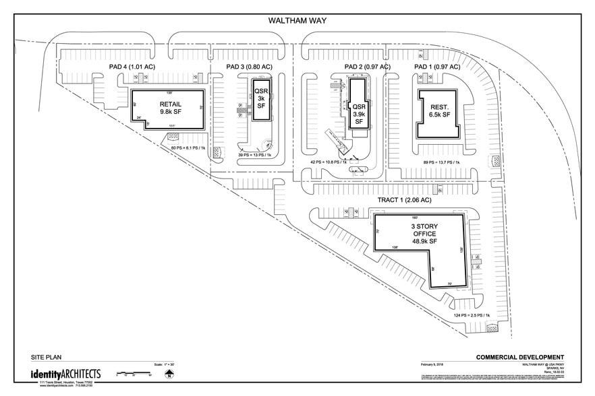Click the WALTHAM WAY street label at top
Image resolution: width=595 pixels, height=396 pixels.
point(297,20)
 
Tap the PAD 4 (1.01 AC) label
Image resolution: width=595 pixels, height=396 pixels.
point(133,67)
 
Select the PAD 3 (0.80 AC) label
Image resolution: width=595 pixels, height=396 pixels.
point(249,67)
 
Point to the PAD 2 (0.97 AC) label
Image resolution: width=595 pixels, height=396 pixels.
point(367,67)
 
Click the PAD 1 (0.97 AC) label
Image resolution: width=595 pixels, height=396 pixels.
point(437,67)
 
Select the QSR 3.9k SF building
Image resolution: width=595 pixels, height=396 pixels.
point(359,111)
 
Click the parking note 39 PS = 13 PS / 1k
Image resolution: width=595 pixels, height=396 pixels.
point(254,156)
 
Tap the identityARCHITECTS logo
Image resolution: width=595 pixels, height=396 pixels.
point(65,374)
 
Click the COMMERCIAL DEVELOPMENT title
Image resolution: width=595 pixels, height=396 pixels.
point(519,357)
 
